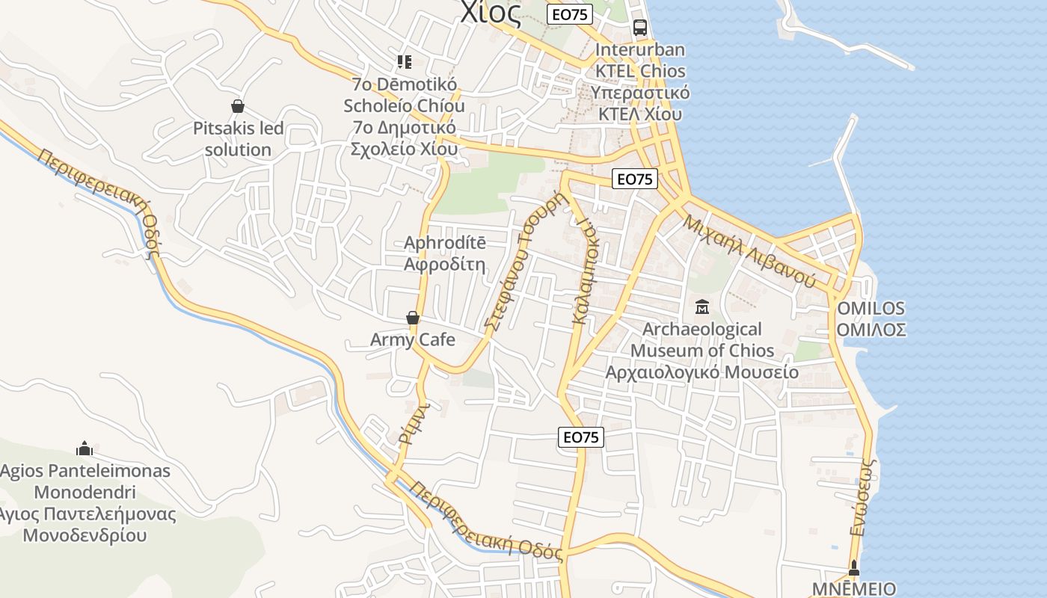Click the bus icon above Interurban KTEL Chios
tap(640, 28)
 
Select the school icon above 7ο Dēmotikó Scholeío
tap(405, 61)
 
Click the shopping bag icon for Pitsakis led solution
tap(238, 106)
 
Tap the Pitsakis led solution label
tap(238, 139)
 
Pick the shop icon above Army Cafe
tap(412, 318)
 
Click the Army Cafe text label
tap(412, 340)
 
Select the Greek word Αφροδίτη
tap(444, 265)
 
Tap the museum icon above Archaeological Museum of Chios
tap(702, 306)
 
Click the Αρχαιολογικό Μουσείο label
tap(701, 372)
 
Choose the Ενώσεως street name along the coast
tap(863, 496)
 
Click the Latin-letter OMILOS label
tap(871, 308)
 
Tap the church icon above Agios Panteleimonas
tap(85, 449)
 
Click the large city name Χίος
tap(491, 13)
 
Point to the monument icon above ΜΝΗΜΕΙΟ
tap(854, 567)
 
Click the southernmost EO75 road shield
tap(581, 437)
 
